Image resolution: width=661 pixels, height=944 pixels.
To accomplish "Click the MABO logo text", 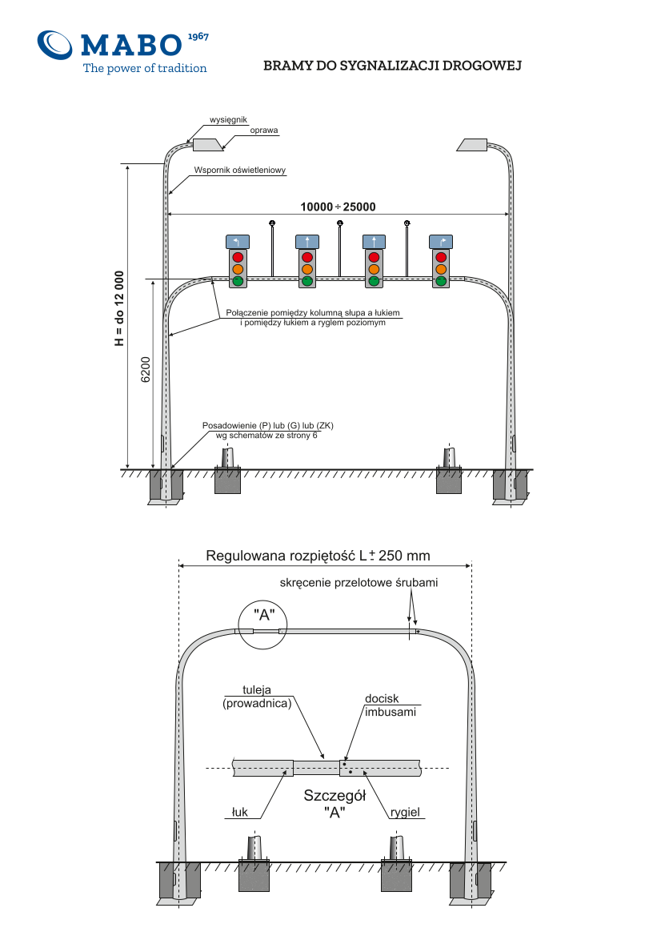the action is click(x=130, y=45).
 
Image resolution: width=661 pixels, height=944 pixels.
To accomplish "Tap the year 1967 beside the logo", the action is click(x=198, y=37).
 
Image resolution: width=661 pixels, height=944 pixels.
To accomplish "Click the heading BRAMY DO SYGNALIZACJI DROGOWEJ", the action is click(x=392, y=66).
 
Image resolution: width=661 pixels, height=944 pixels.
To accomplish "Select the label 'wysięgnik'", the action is click(x=229, y=120).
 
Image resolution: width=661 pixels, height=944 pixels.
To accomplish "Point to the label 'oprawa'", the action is click(x=264, y=130).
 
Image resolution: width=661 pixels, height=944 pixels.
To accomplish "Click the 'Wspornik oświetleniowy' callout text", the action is click(x=240, y=171).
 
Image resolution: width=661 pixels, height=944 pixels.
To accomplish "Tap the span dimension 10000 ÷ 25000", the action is click(x=338, y=207).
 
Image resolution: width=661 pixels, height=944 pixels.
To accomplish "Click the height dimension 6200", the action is click(x=146, y=370).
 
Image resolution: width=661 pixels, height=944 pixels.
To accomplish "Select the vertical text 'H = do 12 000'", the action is click(x=119, y=308).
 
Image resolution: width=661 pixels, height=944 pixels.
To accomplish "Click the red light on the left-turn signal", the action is click(x=238, y=257).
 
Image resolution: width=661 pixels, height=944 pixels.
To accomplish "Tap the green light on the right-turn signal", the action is click(x=441, y=280).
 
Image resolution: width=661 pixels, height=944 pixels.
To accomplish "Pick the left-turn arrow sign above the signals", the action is click(x=238, y=242).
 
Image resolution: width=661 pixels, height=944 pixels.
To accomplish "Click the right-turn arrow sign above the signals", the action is click(x=441, y=242).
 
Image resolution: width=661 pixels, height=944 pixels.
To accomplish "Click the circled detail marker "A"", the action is click(x=262, y=625).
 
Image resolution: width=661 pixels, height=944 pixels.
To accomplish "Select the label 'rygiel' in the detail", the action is click(x=405, y=812).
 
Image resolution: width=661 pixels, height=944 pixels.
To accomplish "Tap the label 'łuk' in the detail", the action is click(x=240, y=812).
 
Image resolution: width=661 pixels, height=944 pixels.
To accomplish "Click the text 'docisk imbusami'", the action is click(x=391, y=705).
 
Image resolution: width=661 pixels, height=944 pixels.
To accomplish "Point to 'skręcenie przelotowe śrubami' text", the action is click(x=359, y=582).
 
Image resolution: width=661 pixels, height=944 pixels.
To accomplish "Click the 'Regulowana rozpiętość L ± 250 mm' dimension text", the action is click(x=318, y=555).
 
